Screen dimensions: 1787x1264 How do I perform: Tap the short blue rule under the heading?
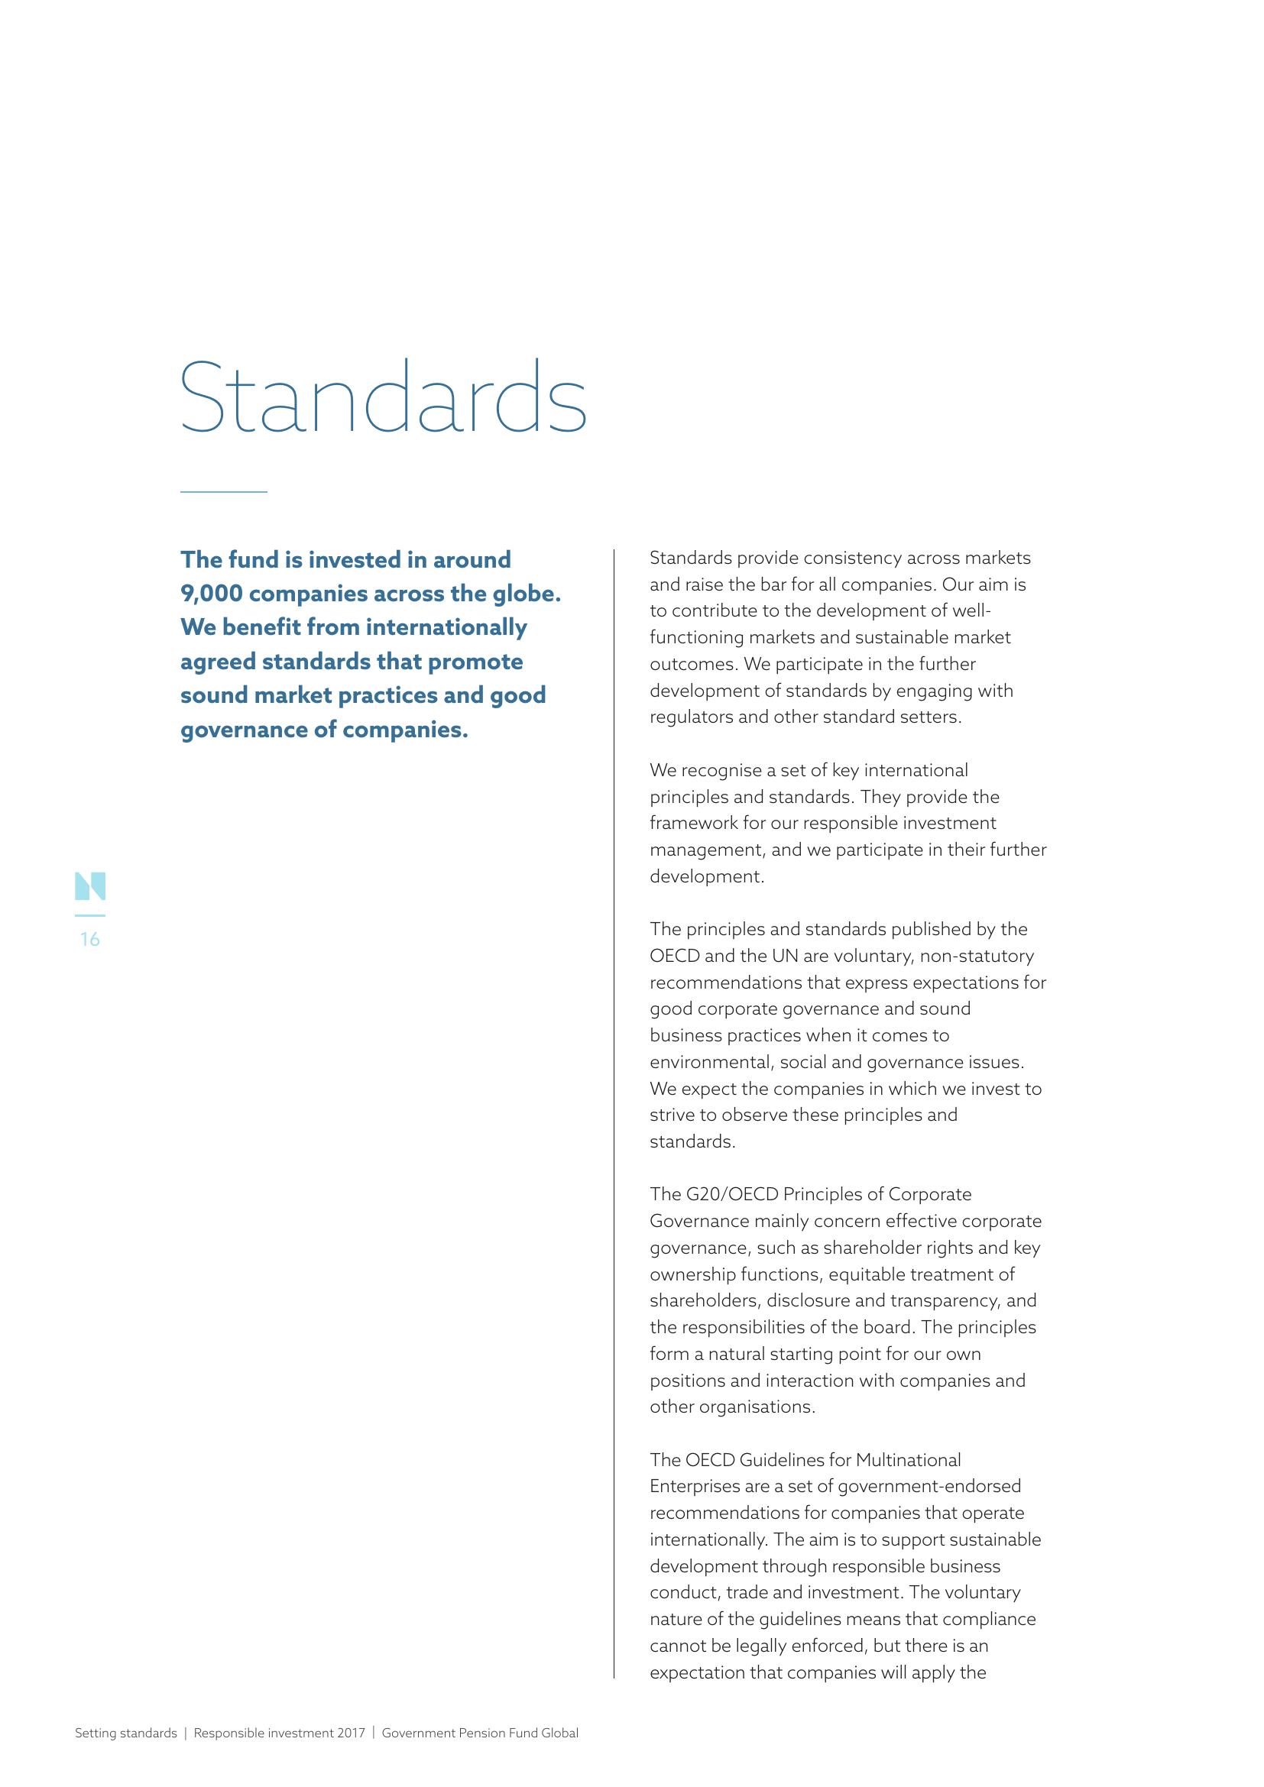(x=223, y=492)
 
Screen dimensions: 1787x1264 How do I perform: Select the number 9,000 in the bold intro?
(x=212, y=594)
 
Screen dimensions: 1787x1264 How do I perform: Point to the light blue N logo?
(x=90, y=886)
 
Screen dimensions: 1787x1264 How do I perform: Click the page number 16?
(x=90, y=940)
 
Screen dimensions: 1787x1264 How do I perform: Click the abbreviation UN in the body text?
(x=785, y=956)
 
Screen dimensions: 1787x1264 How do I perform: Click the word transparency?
(x=946, y=1300)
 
